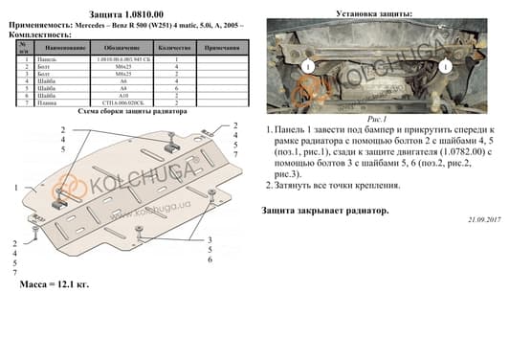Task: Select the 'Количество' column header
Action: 176,46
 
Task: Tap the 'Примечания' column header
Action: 222,46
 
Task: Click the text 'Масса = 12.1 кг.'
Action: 55,284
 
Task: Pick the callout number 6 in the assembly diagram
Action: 210,259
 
